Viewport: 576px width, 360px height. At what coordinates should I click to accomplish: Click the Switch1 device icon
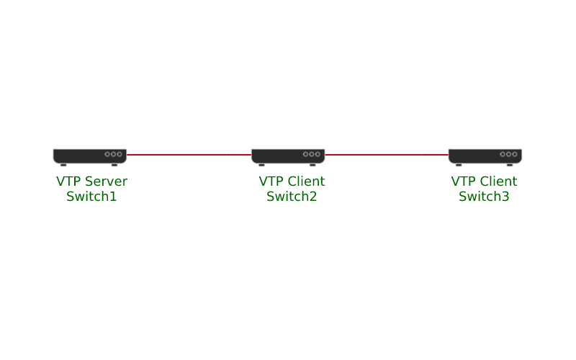89,156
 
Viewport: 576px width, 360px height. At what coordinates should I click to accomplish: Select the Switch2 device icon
288,156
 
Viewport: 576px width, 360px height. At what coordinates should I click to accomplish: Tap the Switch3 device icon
485,156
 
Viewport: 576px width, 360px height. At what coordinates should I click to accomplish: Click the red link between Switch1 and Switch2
189,154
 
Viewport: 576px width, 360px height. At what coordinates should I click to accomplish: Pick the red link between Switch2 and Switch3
387,154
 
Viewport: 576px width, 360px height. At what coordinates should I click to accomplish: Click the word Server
106,181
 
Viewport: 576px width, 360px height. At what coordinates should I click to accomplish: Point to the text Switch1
91,197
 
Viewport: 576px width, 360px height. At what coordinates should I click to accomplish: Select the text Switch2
292,197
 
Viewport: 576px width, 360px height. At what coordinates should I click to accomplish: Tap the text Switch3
484,197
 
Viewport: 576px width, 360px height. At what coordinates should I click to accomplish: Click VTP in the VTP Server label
68,181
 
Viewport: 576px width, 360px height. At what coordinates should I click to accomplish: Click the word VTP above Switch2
271,181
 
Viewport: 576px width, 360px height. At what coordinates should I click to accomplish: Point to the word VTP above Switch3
463,181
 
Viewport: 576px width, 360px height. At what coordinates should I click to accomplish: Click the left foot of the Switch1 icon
63,165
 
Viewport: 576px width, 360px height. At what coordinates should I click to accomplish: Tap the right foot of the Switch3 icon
510,165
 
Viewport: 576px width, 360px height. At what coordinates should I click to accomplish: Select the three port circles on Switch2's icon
312,154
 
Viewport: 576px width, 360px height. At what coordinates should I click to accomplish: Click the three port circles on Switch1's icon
114,154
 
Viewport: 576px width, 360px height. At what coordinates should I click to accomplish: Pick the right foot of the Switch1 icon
114,165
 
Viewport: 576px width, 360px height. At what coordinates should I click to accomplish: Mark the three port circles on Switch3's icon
508,154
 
